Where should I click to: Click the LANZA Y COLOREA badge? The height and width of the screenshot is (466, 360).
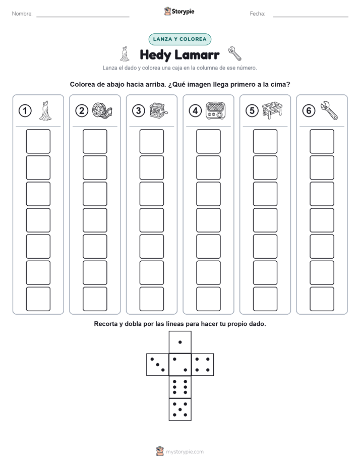[x=179, y=39]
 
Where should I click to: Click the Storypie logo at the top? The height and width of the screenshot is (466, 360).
[x=179, y=12]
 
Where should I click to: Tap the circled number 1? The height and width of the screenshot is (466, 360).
[x=25, y=111]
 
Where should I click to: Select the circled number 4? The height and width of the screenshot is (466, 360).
[x=195, y=111]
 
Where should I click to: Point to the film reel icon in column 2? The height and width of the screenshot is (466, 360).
[x=102, y=110]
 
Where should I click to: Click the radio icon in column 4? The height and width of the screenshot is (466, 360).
[x=216, y=110]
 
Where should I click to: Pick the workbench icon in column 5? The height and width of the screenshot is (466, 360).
[x=272, y=110]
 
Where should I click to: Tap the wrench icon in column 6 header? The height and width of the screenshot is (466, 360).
[x=329, y=110]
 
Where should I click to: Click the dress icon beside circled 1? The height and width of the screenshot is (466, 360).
[x=45, y=110]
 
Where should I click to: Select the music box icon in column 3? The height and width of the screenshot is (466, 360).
[x=159, y=110]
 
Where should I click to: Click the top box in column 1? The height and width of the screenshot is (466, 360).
[x=38, y=141]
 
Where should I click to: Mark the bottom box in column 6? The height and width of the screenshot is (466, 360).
[x=322, y=299]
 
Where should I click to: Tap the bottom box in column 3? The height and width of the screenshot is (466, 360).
[x=151, y=299]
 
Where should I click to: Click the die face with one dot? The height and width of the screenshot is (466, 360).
[x=180, y=342]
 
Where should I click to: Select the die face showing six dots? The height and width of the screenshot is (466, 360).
[x=180, y=387]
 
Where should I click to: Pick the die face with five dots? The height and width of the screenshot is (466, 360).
[x=180, y=410]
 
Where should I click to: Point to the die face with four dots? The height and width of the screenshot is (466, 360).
[x=203, y=365]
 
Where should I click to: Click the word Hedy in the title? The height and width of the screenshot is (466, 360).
[x=155, y=55]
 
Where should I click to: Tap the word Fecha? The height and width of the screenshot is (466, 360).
[x=258, y=14]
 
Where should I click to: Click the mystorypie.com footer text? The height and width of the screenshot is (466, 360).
[x=185, y=452]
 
